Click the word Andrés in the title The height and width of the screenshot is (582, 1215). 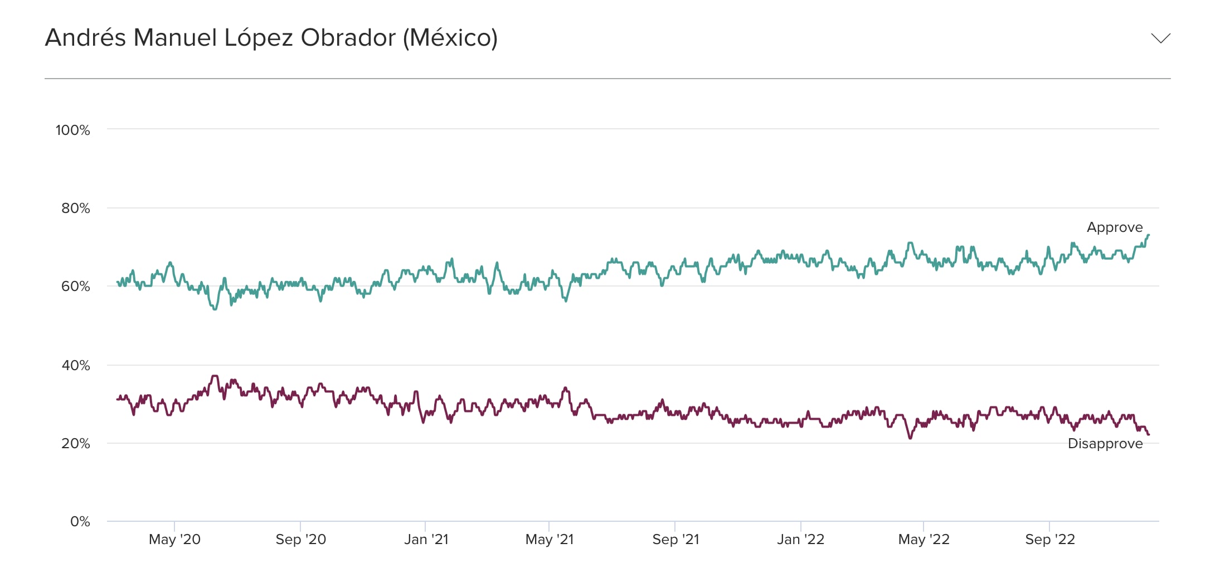tap(85, 38)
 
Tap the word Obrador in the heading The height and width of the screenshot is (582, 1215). tap(348, 38)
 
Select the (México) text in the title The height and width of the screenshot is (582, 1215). tap(450, 38)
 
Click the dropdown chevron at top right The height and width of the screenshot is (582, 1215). tap(1160, 38)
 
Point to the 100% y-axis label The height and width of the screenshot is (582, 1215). tap(73, 130)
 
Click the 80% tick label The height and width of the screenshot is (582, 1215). tap(76, 208)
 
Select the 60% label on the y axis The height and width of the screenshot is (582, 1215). tap(76, 287)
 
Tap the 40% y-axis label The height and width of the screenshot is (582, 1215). tap(76, 366)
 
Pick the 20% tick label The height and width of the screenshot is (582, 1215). tap(76, 444)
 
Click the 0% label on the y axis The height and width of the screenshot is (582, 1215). tap(80, 522)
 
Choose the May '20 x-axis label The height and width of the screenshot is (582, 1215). tap(174, 540)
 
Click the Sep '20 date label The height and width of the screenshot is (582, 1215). tap(301, 540)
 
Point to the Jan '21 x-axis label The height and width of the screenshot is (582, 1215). tap(426, 540)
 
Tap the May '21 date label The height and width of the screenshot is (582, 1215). tap(550, 540)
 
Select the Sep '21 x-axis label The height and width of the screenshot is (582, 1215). tap(675, 540)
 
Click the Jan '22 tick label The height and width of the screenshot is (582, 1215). tap(800, 540)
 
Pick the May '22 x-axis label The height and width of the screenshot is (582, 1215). tap(924, 540)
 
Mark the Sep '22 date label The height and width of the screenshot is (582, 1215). tap(1050, 540)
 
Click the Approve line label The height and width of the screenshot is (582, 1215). tap(1115, 227)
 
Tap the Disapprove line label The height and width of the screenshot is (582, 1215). tap(1105, 444)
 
